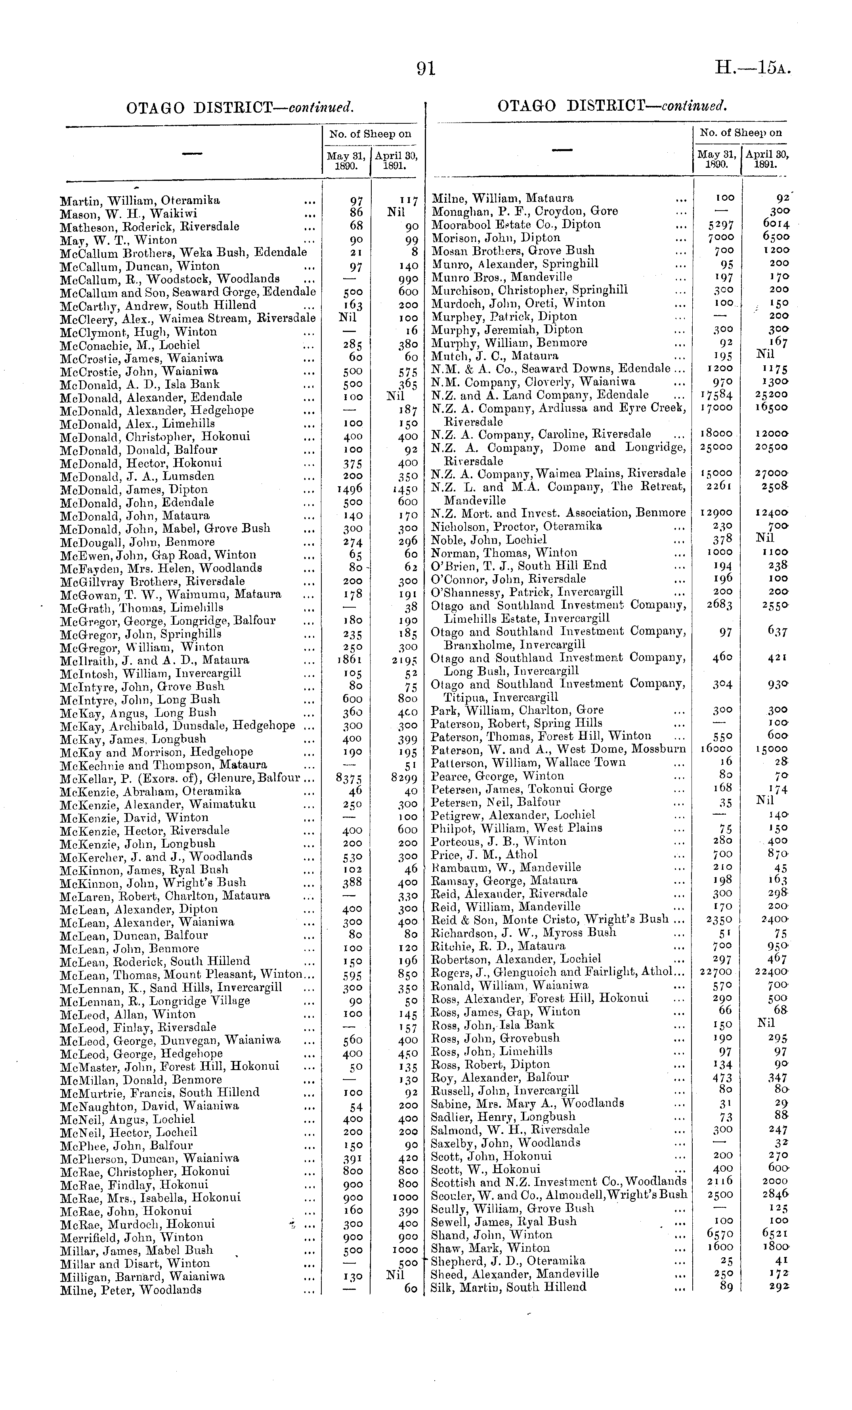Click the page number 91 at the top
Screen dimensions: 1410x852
pyautogui.click(x=426, y=69)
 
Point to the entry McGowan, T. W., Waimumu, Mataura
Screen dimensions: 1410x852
pyautogui.click(x=170, y=595)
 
